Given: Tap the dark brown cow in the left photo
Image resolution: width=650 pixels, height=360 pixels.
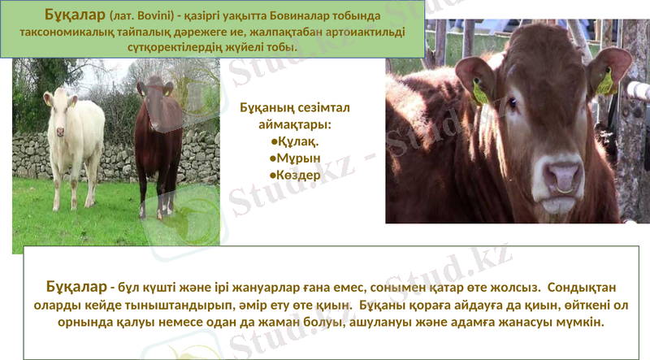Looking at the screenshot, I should [158, 142].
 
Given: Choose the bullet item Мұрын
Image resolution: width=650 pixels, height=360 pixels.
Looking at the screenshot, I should [297, 158].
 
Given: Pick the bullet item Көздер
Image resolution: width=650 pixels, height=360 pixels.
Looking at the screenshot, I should [297, 174].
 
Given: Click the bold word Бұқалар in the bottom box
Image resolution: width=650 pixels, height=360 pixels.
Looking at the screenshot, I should [76, 287].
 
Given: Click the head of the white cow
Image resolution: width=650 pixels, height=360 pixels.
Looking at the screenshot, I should [62, 102].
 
